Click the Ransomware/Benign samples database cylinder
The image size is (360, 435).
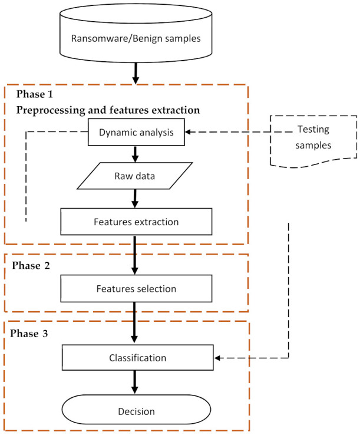tap(136, 33)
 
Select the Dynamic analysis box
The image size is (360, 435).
tap(136, 132)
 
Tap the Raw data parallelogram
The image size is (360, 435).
tap(135, 176)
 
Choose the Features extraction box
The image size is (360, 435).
tap(136, 222)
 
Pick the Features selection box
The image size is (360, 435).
tap(136, 288)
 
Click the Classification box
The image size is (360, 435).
tap(137, 358)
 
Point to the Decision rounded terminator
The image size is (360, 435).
tap(136, 410)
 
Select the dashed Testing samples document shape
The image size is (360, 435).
tap(313, 141)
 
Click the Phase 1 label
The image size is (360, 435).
tap(34, 94)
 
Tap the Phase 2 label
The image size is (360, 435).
tap(31, 265)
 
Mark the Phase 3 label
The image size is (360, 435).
tap(29, 333)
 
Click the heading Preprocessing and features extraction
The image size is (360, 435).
tap(108, 110)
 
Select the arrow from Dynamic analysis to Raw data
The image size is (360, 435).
tap(135, 154)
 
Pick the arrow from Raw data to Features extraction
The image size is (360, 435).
tap(135, 199)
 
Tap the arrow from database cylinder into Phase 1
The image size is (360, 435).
tap(136, 74)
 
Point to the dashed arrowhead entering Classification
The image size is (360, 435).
tap(217, 358)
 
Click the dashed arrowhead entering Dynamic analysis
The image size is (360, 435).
tap(188, 132)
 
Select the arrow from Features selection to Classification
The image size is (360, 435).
tap(134, 322)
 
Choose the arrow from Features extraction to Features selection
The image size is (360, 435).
tap(135, 255)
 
